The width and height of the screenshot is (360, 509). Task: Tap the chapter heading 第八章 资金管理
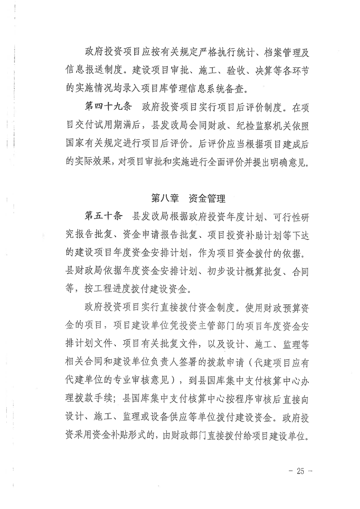point(188,198)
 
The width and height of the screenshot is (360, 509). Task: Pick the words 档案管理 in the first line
point(275,53)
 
